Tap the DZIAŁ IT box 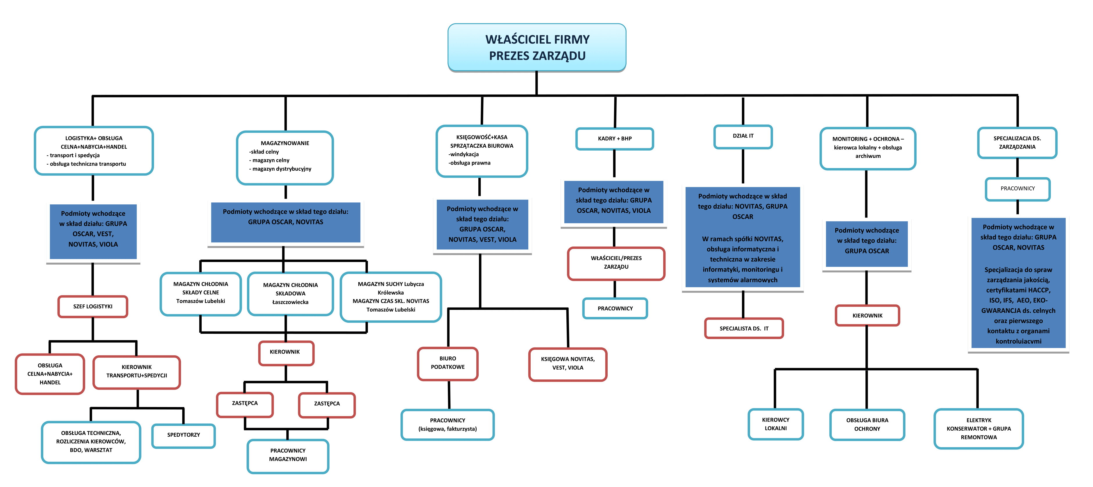coord(743,136)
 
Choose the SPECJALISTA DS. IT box coord(744,328)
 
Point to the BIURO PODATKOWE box coord(448,363)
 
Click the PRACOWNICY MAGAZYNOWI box coord(288,455)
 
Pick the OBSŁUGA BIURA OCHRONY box coord(867,424)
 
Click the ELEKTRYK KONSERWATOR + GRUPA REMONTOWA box coord(978,428)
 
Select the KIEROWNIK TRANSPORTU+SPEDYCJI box coord(137,372)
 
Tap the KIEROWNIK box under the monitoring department coord(867,315)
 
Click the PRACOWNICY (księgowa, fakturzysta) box coord(447,424)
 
